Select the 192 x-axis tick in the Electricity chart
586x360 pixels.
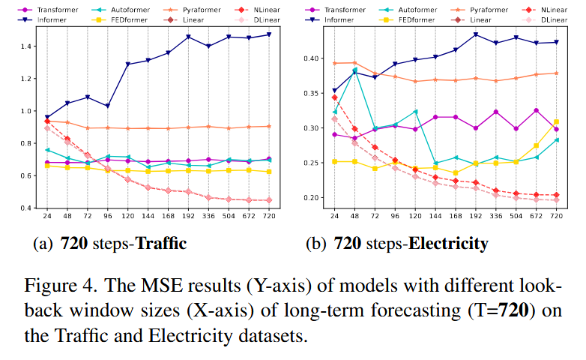[x=475, y=217]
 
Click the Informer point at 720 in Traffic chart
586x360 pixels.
[x=268, y=34]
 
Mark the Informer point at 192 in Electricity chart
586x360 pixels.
[x=475, y=34]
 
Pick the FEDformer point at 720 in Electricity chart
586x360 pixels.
[x=555, y=121]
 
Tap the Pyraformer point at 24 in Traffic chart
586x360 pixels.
[x=47, y=121]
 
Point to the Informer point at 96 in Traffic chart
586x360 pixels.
[x=107, y=106]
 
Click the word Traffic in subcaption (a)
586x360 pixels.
[x=160, y=244]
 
